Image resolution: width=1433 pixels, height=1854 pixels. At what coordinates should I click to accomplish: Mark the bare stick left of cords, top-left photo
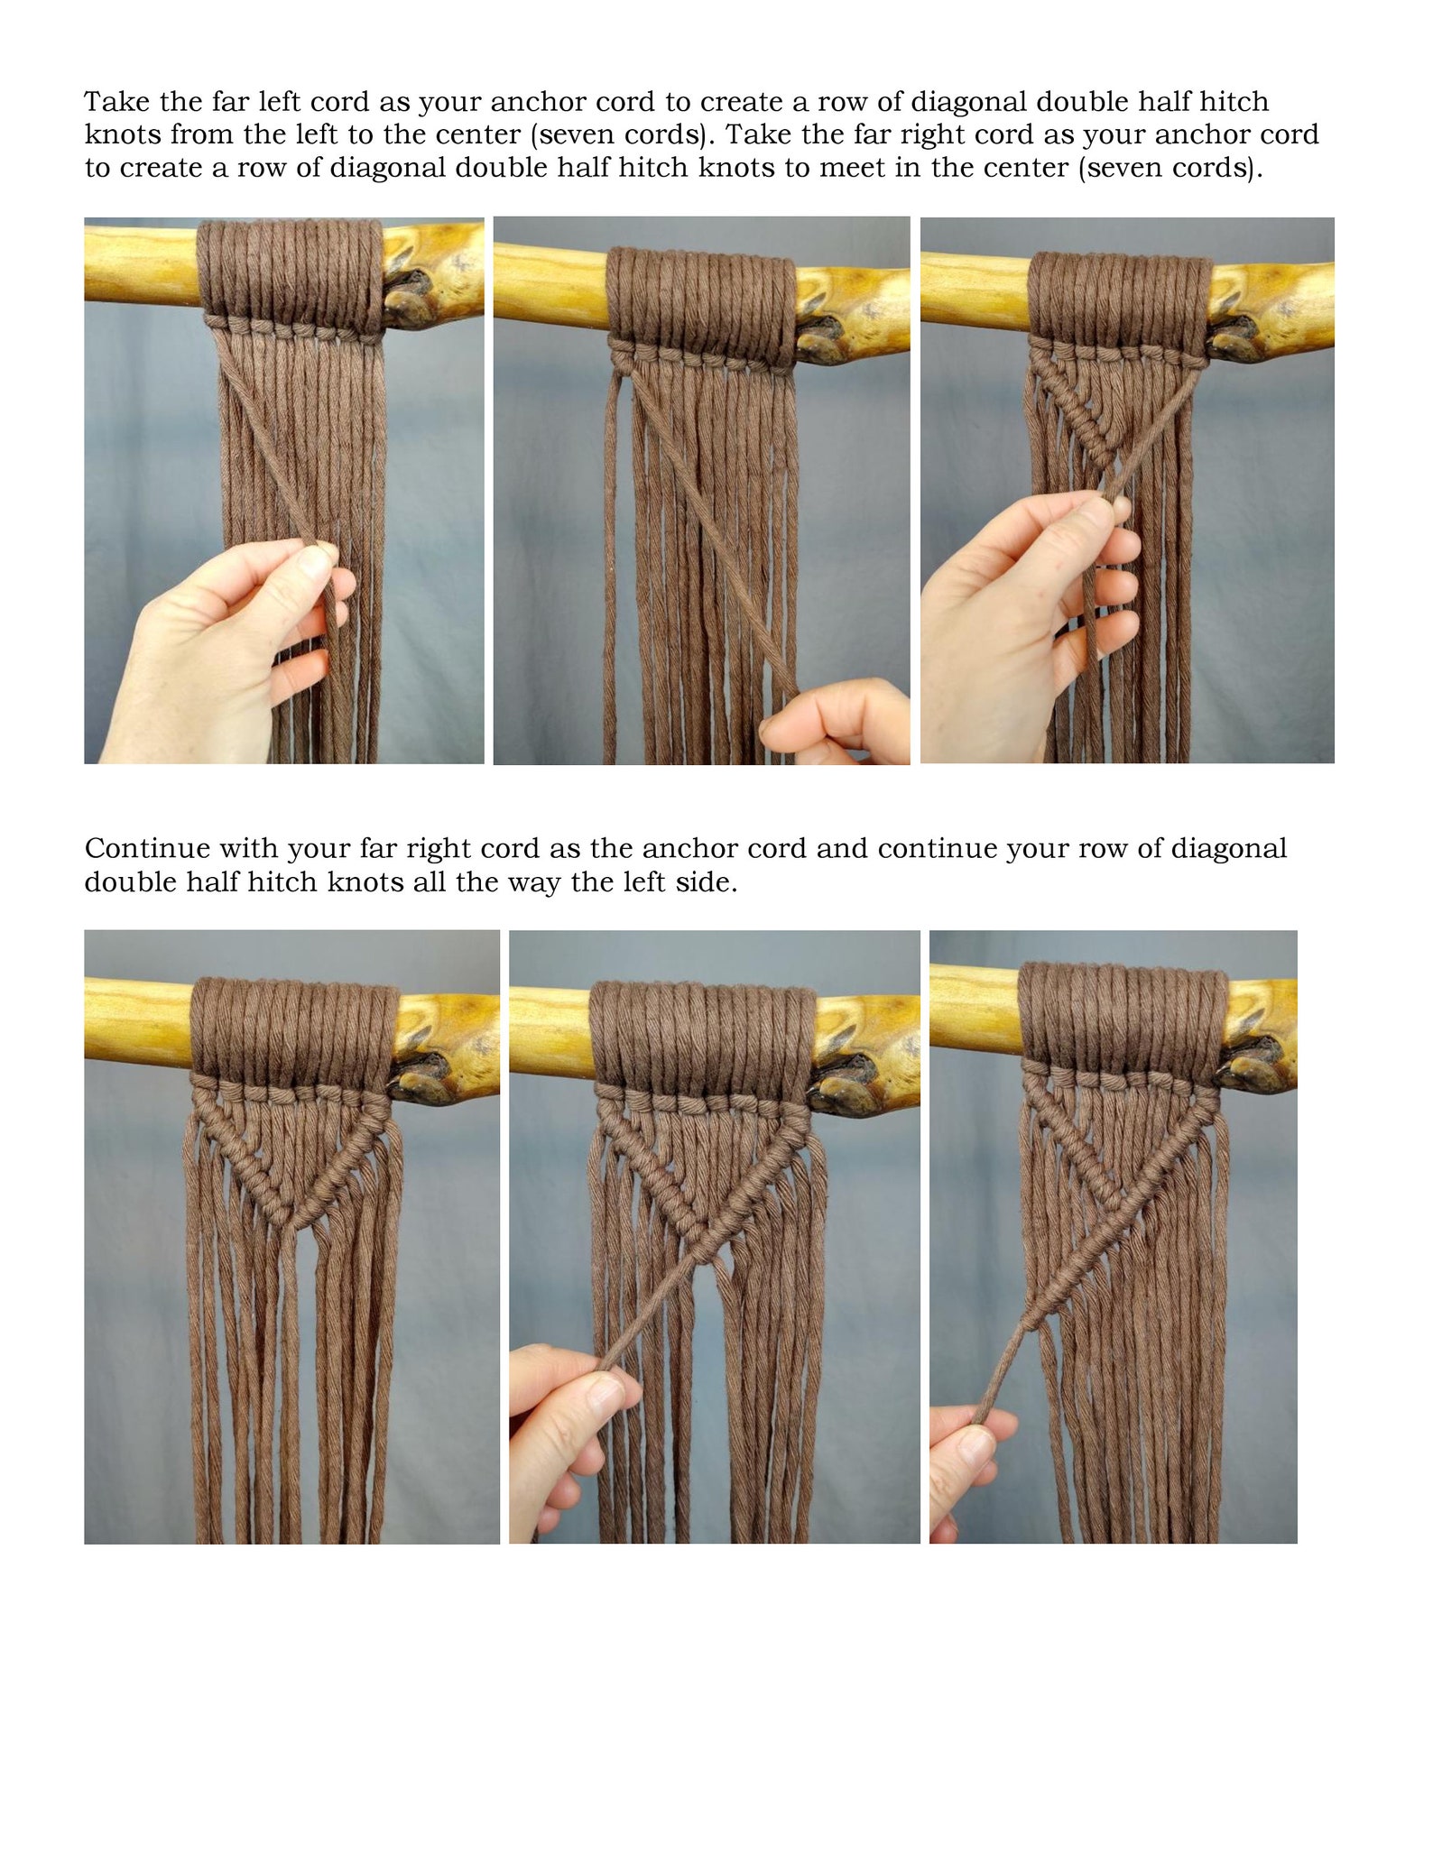pyautogui.click(x=140, y=263)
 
